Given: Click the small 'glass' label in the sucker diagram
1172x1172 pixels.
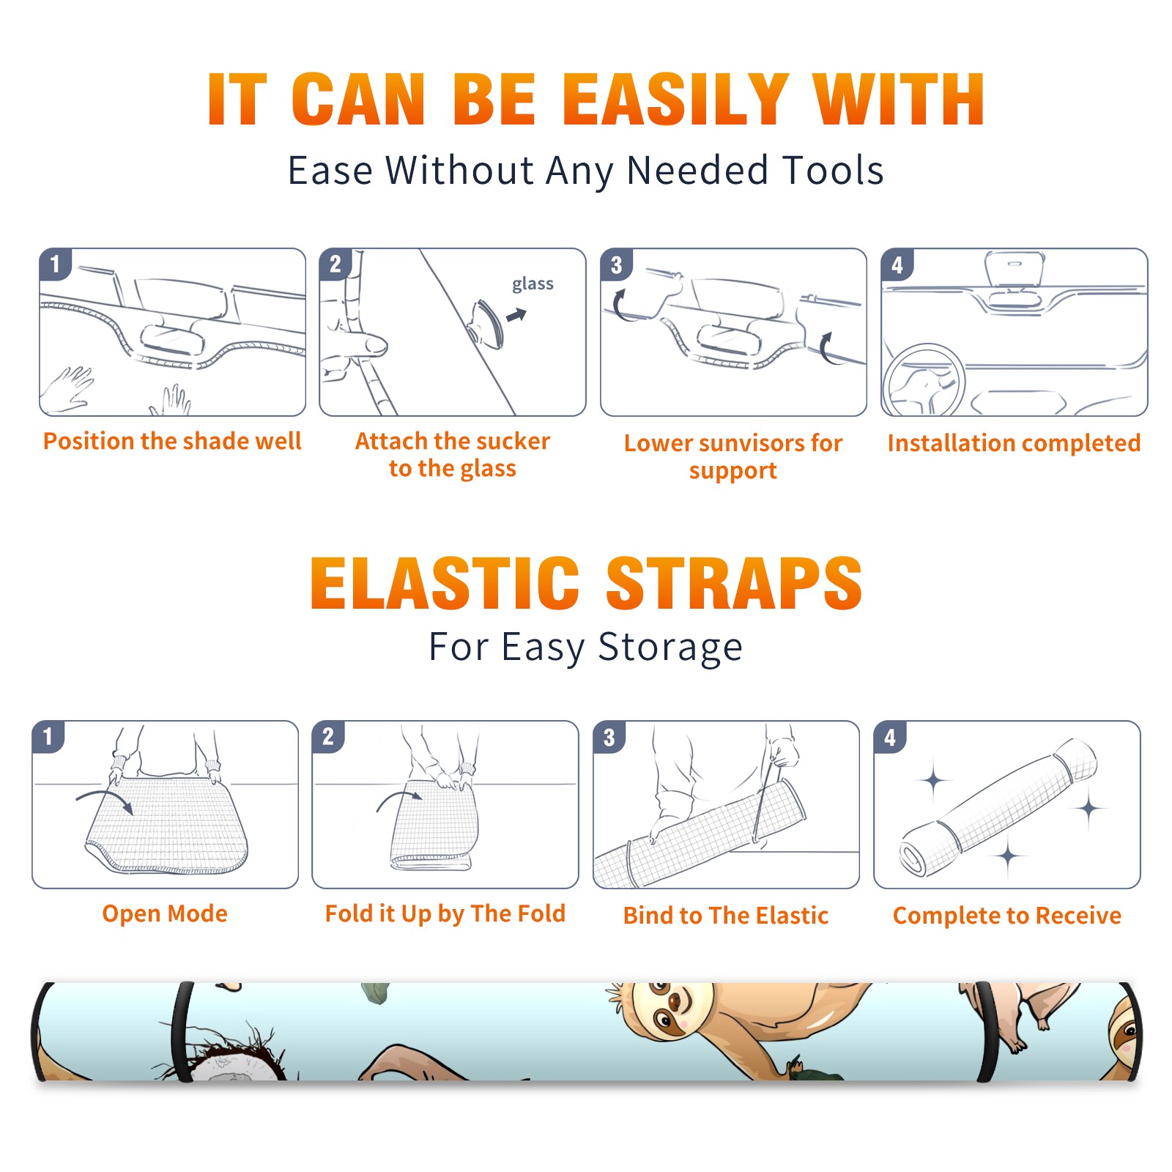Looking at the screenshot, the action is [533, 284].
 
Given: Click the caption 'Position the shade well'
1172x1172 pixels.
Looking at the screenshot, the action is [172, 441].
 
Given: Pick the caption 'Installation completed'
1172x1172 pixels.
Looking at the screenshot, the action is [1014, 442].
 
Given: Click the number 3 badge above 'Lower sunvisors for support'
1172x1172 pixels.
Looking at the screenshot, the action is [616, 264].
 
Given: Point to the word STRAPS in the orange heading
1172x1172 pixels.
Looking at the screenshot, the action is [734, 583].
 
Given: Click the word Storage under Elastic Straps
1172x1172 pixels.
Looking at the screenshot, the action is [670, 648].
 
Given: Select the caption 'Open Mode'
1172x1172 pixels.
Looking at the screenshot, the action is [165, 913].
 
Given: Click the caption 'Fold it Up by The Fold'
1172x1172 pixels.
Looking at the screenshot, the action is [445, 913].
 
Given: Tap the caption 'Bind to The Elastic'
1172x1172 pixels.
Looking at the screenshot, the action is [726, 915].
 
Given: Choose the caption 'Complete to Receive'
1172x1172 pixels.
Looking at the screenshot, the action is [1007, 915].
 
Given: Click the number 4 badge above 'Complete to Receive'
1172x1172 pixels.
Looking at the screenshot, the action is [889, 737].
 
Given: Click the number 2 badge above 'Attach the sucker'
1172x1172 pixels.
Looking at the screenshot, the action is [335, 264].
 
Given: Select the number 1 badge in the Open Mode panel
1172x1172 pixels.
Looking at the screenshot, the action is [48, 737].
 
